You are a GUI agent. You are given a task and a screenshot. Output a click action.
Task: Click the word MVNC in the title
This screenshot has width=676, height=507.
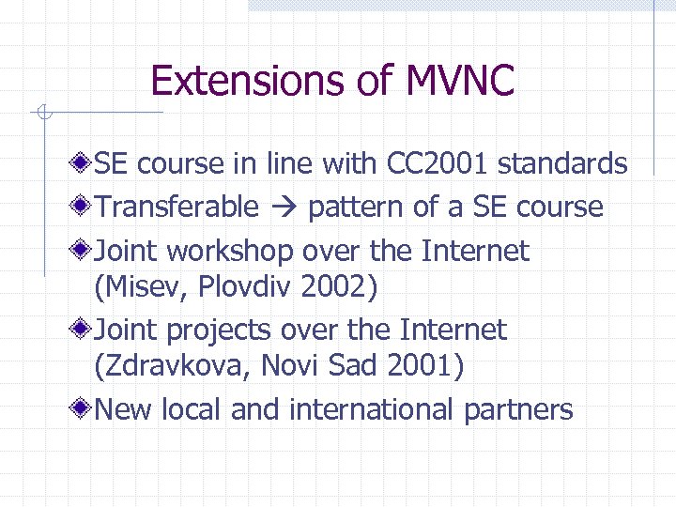460,81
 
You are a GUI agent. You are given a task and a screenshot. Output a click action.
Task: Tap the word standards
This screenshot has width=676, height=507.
562,163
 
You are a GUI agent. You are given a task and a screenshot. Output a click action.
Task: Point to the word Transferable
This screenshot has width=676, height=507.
177,207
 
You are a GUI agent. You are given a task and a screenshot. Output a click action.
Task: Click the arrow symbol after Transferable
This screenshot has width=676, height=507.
283,207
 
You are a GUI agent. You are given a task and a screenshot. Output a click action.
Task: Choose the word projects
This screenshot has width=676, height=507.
219,330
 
